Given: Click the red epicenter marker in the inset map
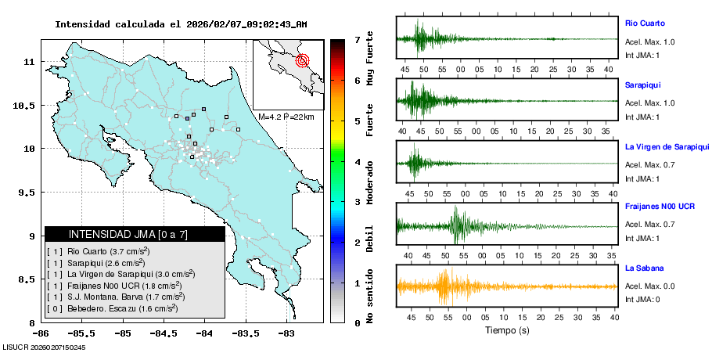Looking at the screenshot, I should pyautogui.click(x=304, y=60).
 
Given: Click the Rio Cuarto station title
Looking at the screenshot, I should pyautogui.click(x=644, y=23).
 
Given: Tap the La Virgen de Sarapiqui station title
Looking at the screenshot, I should pyautogui.click(x=667, y=146).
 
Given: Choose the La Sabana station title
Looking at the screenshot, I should pyautogui.click(x=642, y=268).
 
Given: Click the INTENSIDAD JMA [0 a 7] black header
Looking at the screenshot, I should pyautogui.click(x=135, y=234).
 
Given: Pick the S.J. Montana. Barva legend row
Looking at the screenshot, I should pyautogui.click(x=116, y=297).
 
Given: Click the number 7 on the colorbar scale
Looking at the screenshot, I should pyautogui.click(x=357, y=39).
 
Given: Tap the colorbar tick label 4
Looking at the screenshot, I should pyautogui.click(x=357, y=161).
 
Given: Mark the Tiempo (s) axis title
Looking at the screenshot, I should pyautogui.click(x=507, y=330).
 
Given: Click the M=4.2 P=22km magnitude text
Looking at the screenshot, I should pyautogui.click(x=286, y=117).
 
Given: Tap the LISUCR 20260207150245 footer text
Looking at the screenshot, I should pyautogui.click(x=44, y=347).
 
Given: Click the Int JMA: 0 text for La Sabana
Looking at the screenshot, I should pyautogui.click(x=642, y=299).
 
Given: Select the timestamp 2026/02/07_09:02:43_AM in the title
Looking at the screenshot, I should pyautogui.click(x=246, y=24).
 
